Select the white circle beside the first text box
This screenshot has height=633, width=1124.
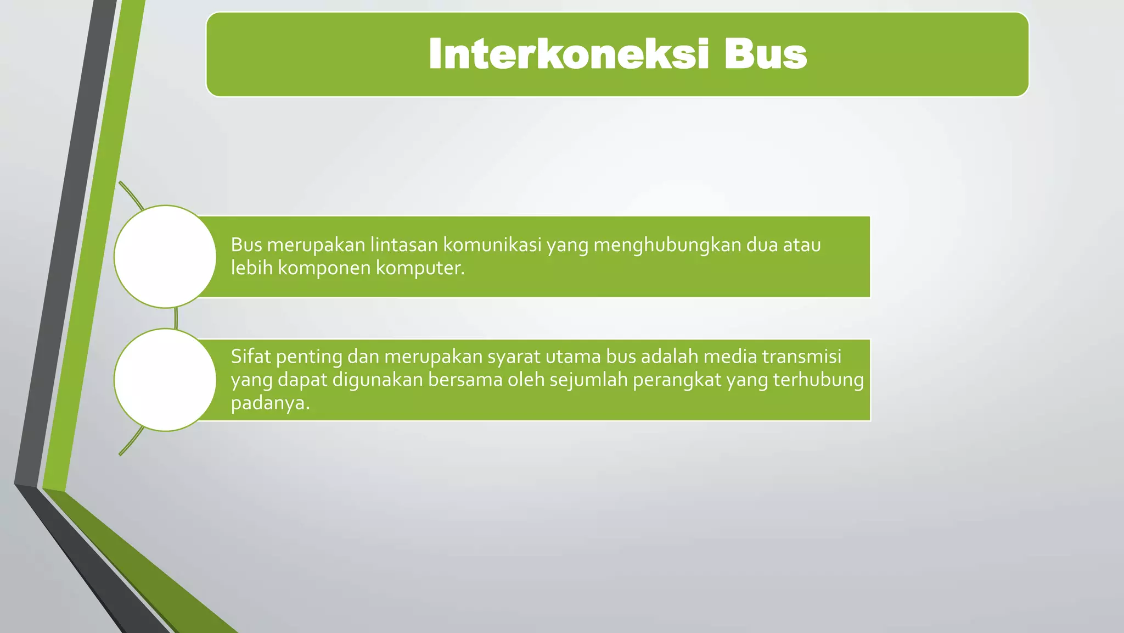coord(165,257)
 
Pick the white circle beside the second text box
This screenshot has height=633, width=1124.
coord(165,380)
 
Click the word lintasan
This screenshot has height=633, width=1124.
coord(403,245)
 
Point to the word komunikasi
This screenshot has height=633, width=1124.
coord(492,245)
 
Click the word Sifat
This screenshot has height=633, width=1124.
coord(251,357)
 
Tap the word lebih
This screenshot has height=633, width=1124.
coord(251,268)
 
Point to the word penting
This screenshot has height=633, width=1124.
coord(309,357)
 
